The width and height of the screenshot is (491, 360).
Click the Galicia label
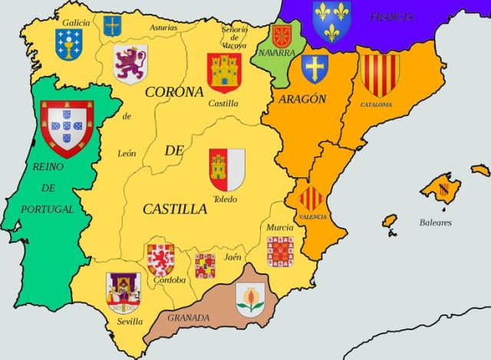[x=76, y=23]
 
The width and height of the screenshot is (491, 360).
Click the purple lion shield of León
[x=130, y=64]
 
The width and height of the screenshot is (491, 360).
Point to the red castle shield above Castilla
[x=224, y=72]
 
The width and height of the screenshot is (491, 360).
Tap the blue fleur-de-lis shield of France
[x=331, y=20]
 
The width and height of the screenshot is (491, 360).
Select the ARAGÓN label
[x=303, y=99]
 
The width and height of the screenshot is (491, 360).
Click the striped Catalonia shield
[x=379, y=74]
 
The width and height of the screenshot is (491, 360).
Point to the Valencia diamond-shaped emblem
[x=311, y=199]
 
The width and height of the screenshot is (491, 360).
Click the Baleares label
[x=436, y=223]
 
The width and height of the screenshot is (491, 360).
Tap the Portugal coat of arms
[x=66, y=127]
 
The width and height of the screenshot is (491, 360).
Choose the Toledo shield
[x=227, y=169]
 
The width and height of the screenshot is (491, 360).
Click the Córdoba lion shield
[x=160, y=259]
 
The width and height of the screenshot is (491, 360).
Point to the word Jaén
[x=232, y=258]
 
